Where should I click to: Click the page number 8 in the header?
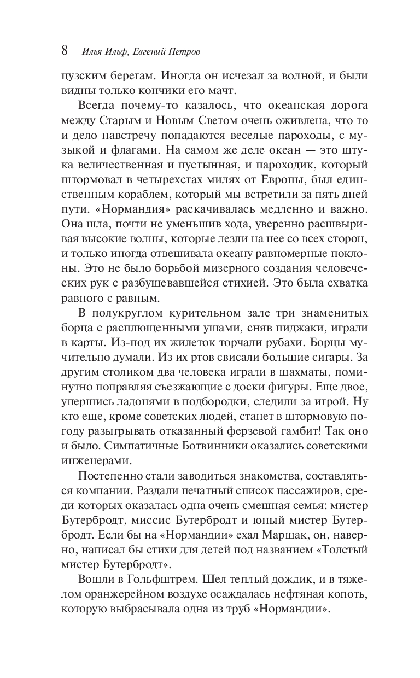(64, 51)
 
